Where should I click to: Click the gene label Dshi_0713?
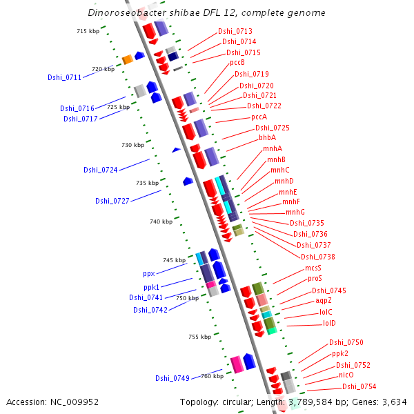coord(235,31)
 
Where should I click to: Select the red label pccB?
coord(237,63)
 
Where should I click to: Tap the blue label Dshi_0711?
coord(65,77)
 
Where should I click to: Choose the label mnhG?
coord(295,212)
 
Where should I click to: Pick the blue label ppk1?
coord(152,286)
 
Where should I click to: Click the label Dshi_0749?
coord(172,377)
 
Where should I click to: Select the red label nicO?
coord(346,375)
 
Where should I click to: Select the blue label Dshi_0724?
coord(101,170)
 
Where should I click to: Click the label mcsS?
coord(313,268)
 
